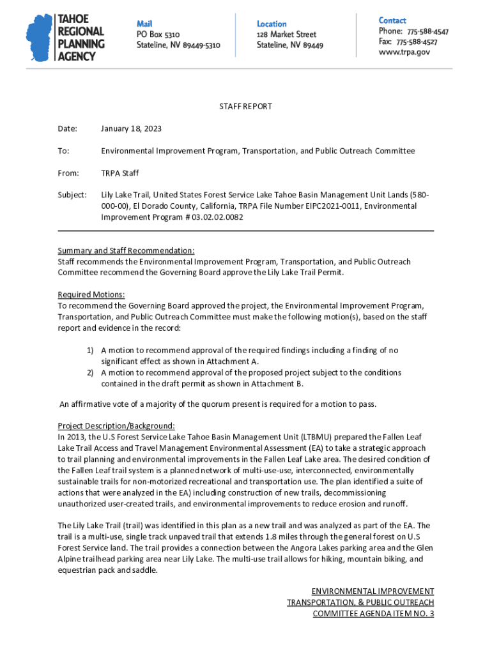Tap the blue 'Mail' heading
pyautogui.click(x=144, y=24)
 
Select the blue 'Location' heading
pyautogui.click(x=272, y=24)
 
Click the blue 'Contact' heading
pyautogui.click(x=392, y=20)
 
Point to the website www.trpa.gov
pyautogui.click(x=404, y=52)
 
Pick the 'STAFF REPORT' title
pyautogui.click(x=246, y=107)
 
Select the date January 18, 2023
pyautogui.click(x=131, y=129)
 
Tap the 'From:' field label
pyautogui.click(x=68, y=173)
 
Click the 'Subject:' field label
pyautogui.click(x=72, y=195)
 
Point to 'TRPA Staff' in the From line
pyautogui.click(x=119, y=173)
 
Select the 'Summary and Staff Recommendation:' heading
pyautogui.click(x=126, y=250)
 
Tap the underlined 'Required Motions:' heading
pyautogui.click(x=91, y=294)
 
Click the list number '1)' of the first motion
pyautogui.click(x=90, y=350)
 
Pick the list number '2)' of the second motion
pyautogui.click(x=90, y=372)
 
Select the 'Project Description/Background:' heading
pyautogui.click(x=116, y=426)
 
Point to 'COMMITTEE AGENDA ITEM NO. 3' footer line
pyautogui.click(x=373, y=614)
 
